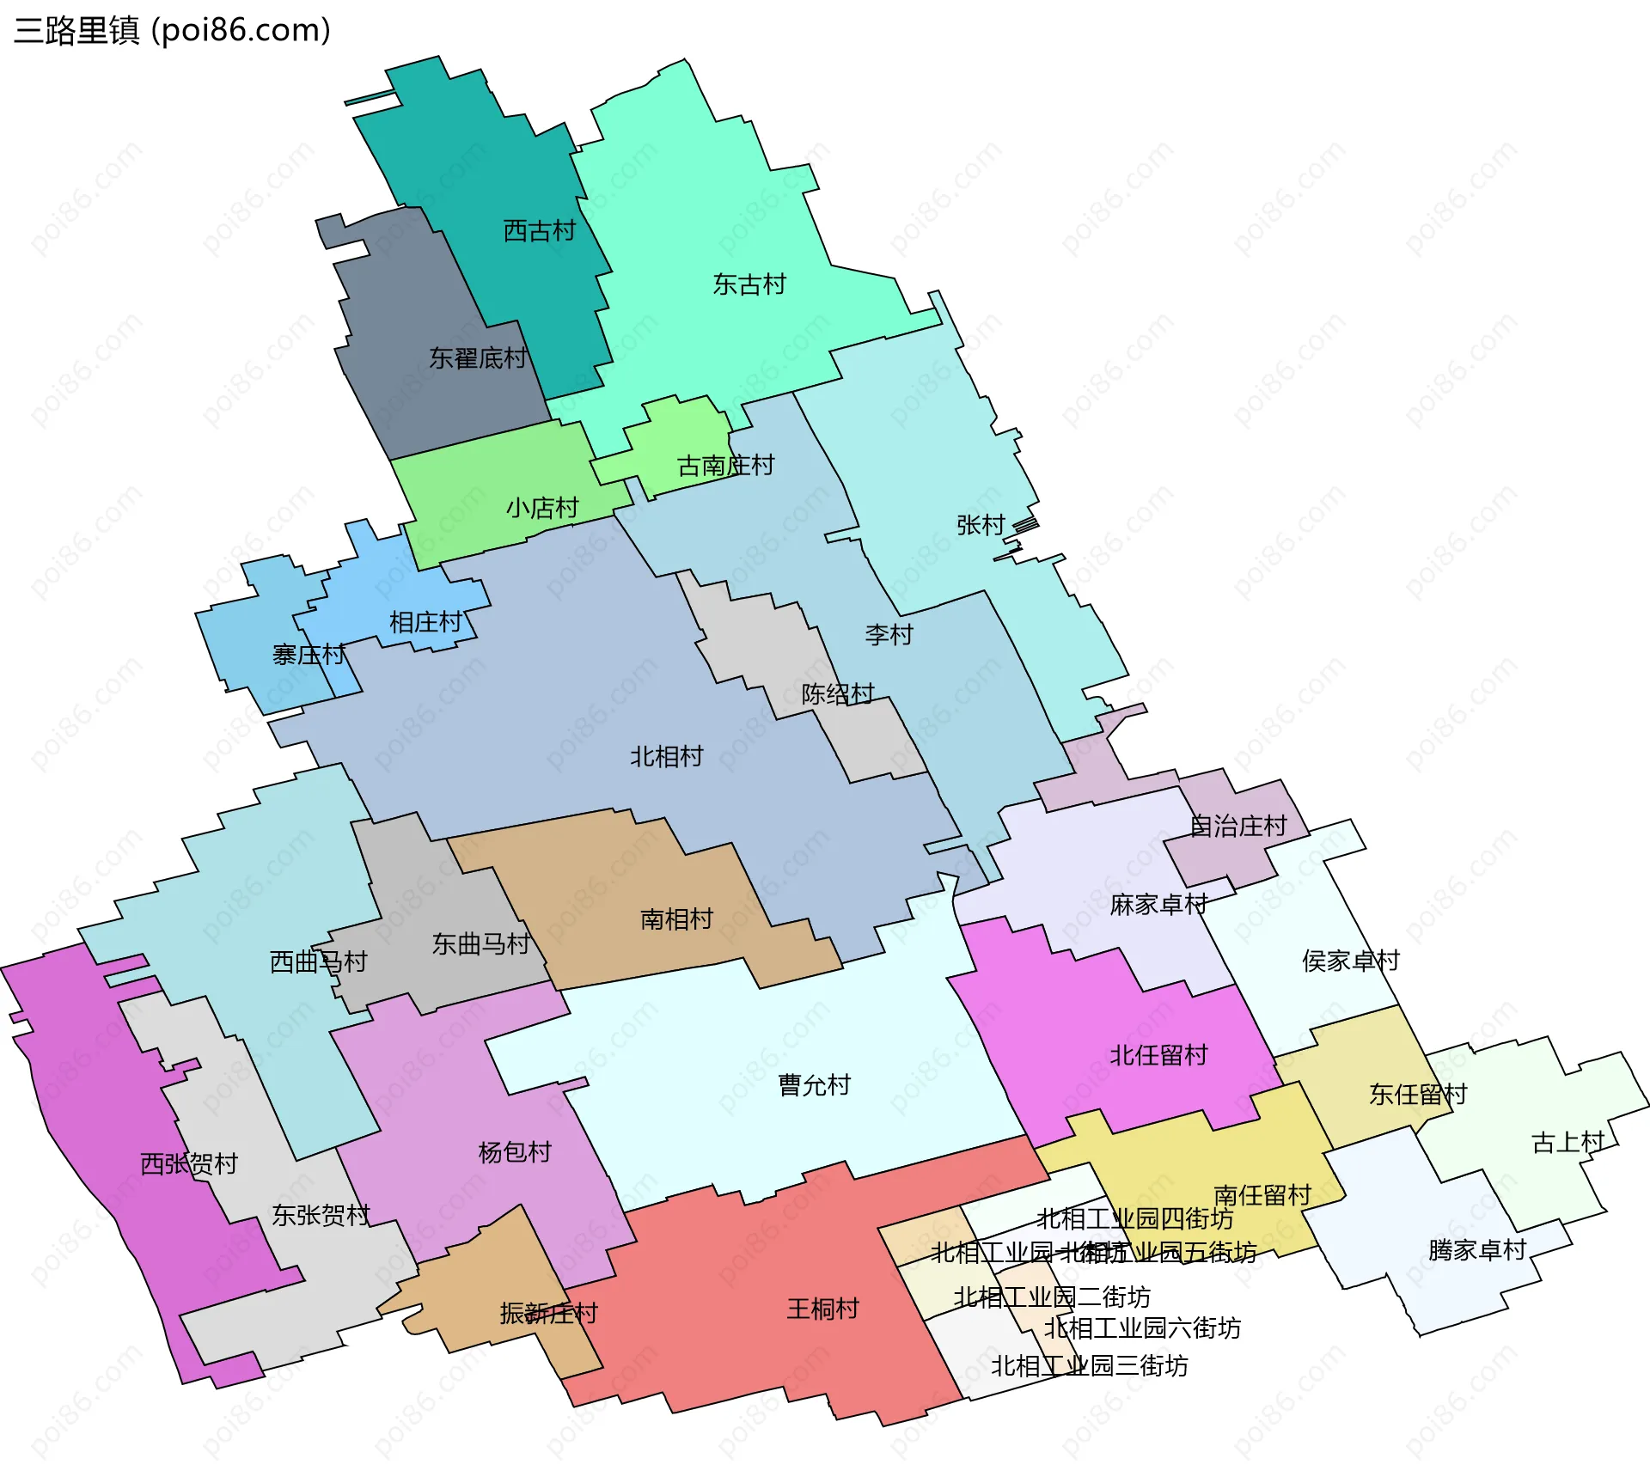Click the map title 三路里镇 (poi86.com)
coord(172,31)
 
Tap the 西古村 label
coord(539,231)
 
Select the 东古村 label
coord(749,284)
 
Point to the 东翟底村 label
coord(478,358)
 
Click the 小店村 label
coord(542,509)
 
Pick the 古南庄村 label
coord(725,466)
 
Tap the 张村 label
coord(981,525)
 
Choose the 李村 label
coord(889,635)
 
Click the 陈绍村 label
coord(838,694)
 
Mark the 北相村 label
coord(667,757)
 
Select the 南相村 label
coord(676,919)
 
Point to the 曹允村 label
coord(814,1085)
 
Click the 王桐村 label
coord(823,1309)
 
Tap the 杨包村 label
coord(515,1152)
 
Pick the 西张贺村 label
coord(189,1164)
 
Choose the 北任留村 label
coord(1158,1055)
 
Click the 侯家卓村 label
coord(1351,961)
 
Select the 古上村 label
coord(1567,1143)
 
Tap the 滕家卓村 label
coord(1476,1250)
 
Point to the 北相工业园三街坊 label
coord(1090,1366)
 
